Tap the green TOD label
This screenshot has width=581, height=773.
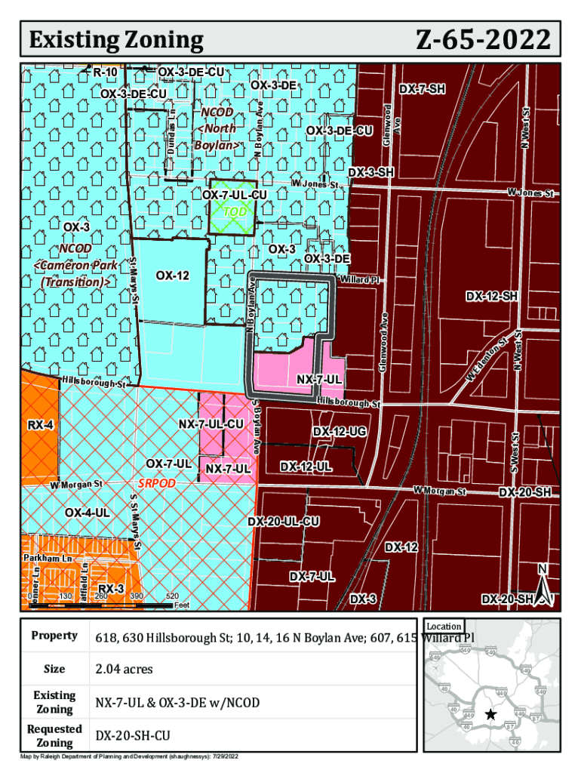235,211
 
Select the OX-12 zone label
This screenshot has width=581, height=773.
172,276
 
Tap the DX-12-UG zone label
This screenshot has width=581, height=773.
340,431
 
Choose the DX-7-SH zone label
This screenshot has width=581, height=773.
423,89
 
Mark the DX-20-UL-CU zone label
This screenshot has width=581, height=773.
284,522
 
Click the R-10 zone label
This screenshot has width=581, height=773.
105,72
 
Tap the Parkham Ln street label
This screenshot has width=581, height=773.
47,558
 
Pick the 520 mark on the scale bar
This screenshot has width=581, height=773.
172,596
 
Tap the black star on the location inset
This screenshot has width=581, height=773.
491,714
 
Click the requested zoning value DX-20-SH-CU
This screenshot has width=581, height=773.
134,735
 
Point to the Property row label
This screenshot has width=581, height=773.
54,636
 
